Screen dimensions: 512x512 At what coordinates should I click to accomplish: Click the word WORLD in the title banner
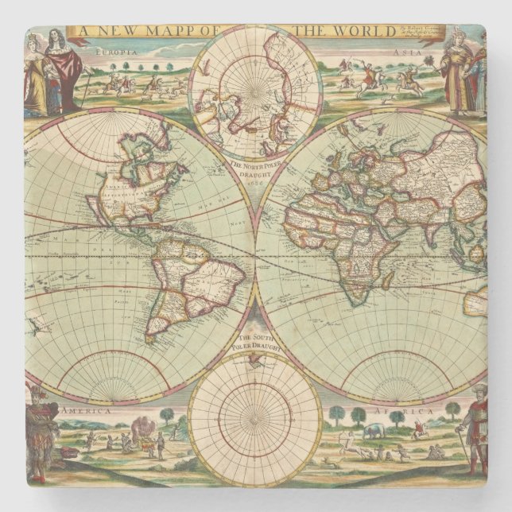368,31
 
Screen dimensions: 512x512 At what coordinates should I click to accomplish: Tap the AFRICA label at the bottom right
413,413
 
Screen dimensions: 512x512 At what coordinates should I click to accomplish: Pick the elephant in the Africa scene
373,432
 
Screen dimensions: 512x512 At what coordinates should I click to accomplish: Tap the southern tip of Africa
355,303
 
